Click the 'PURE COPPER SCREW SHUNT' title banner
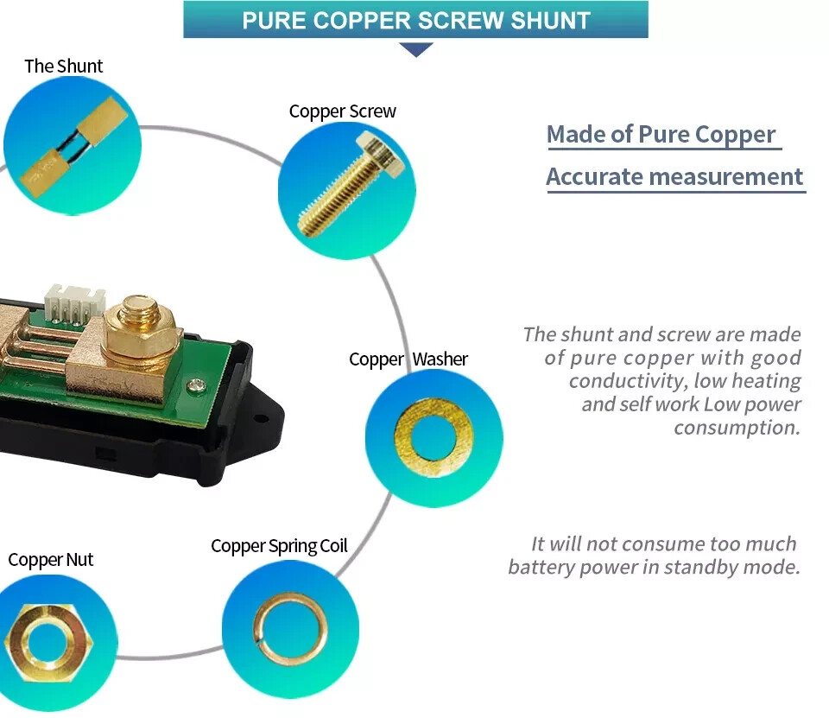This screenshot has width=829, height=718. [415, 20]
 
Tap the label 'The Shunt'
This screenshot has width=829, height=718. [63, 67]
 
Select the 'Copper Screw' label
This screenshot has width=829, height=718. [342, 111]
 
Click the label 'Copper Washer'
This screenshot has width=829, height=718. [408, 359]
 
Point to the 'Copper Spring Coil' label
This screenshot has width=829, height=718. [279, 546]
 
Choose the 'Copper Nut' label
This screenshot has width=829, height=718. [50, 560]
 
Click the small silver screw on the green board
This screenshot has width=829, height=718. [198, 384]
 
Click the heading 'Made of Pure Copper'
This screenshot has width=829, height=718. [661, 135]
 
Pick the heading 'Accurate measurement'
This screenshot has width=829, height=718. [674, 177]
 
